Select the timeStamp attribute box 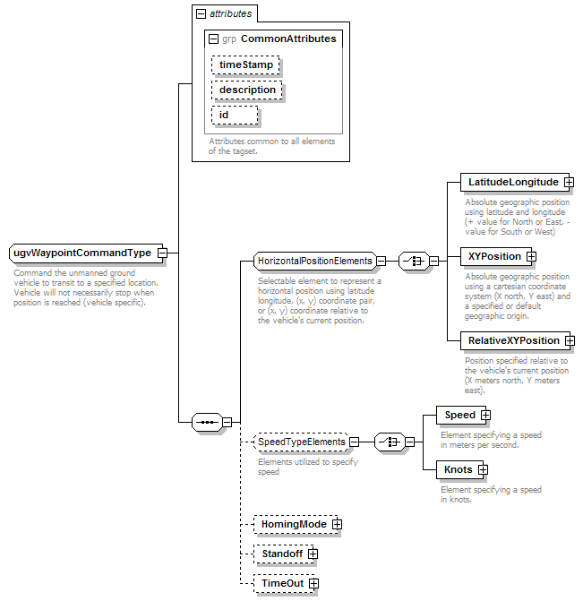pyautogui.click(x=245, y=64)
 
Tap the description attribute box pyautogui.click(x=247, y=90)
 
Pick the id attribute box pyautogui.click(x=235, y=115)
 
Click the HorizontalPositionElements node pyautogui.click(x=315, y=261)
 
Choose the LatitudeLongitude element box pyautogui.click(x=514, y=182)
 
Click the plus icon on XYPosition pyautogui.click(x=531, y=256)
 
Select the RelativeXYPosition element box pyautogui.click(x=515, y=340)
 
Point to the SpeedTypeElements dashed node pyautogui.click(x=301, y=442)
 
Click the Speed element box pyautogui.click(x=461, y=415)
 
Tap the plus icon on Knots pyautogui.click(x=483, y=469)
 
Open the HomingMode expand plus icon pyautogui.click(x=337, y=524)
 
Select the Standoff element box pyautogui.click(x=284, y=554)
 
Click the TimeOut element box pyautogui.click(x=284, y=583)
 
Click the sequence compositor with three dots pyautogui.click(x=207, y=423)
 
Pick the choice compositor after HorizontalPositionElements pyautogui.click(x=414, y=261)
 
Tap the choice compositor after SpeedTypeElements pyautogui.click(x=390, y=442)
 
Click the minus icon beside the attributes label pyautogui.click(x=201, y=14)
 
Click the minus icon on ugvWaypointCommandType pyautogui.click(x=162, y=253)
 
